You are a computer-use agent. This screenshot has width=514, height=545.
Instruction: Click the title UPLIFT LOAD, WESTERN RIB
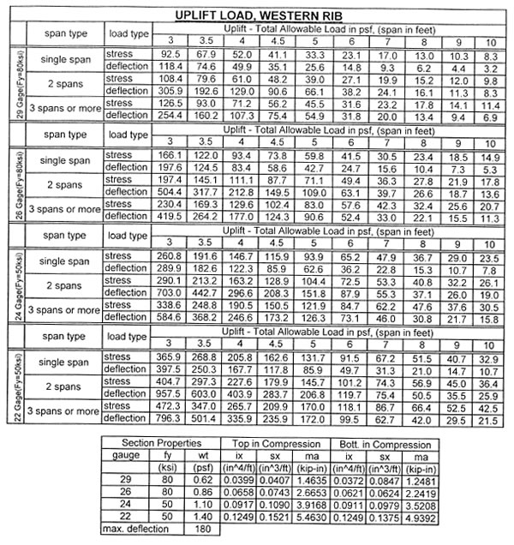coord(256,15)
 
